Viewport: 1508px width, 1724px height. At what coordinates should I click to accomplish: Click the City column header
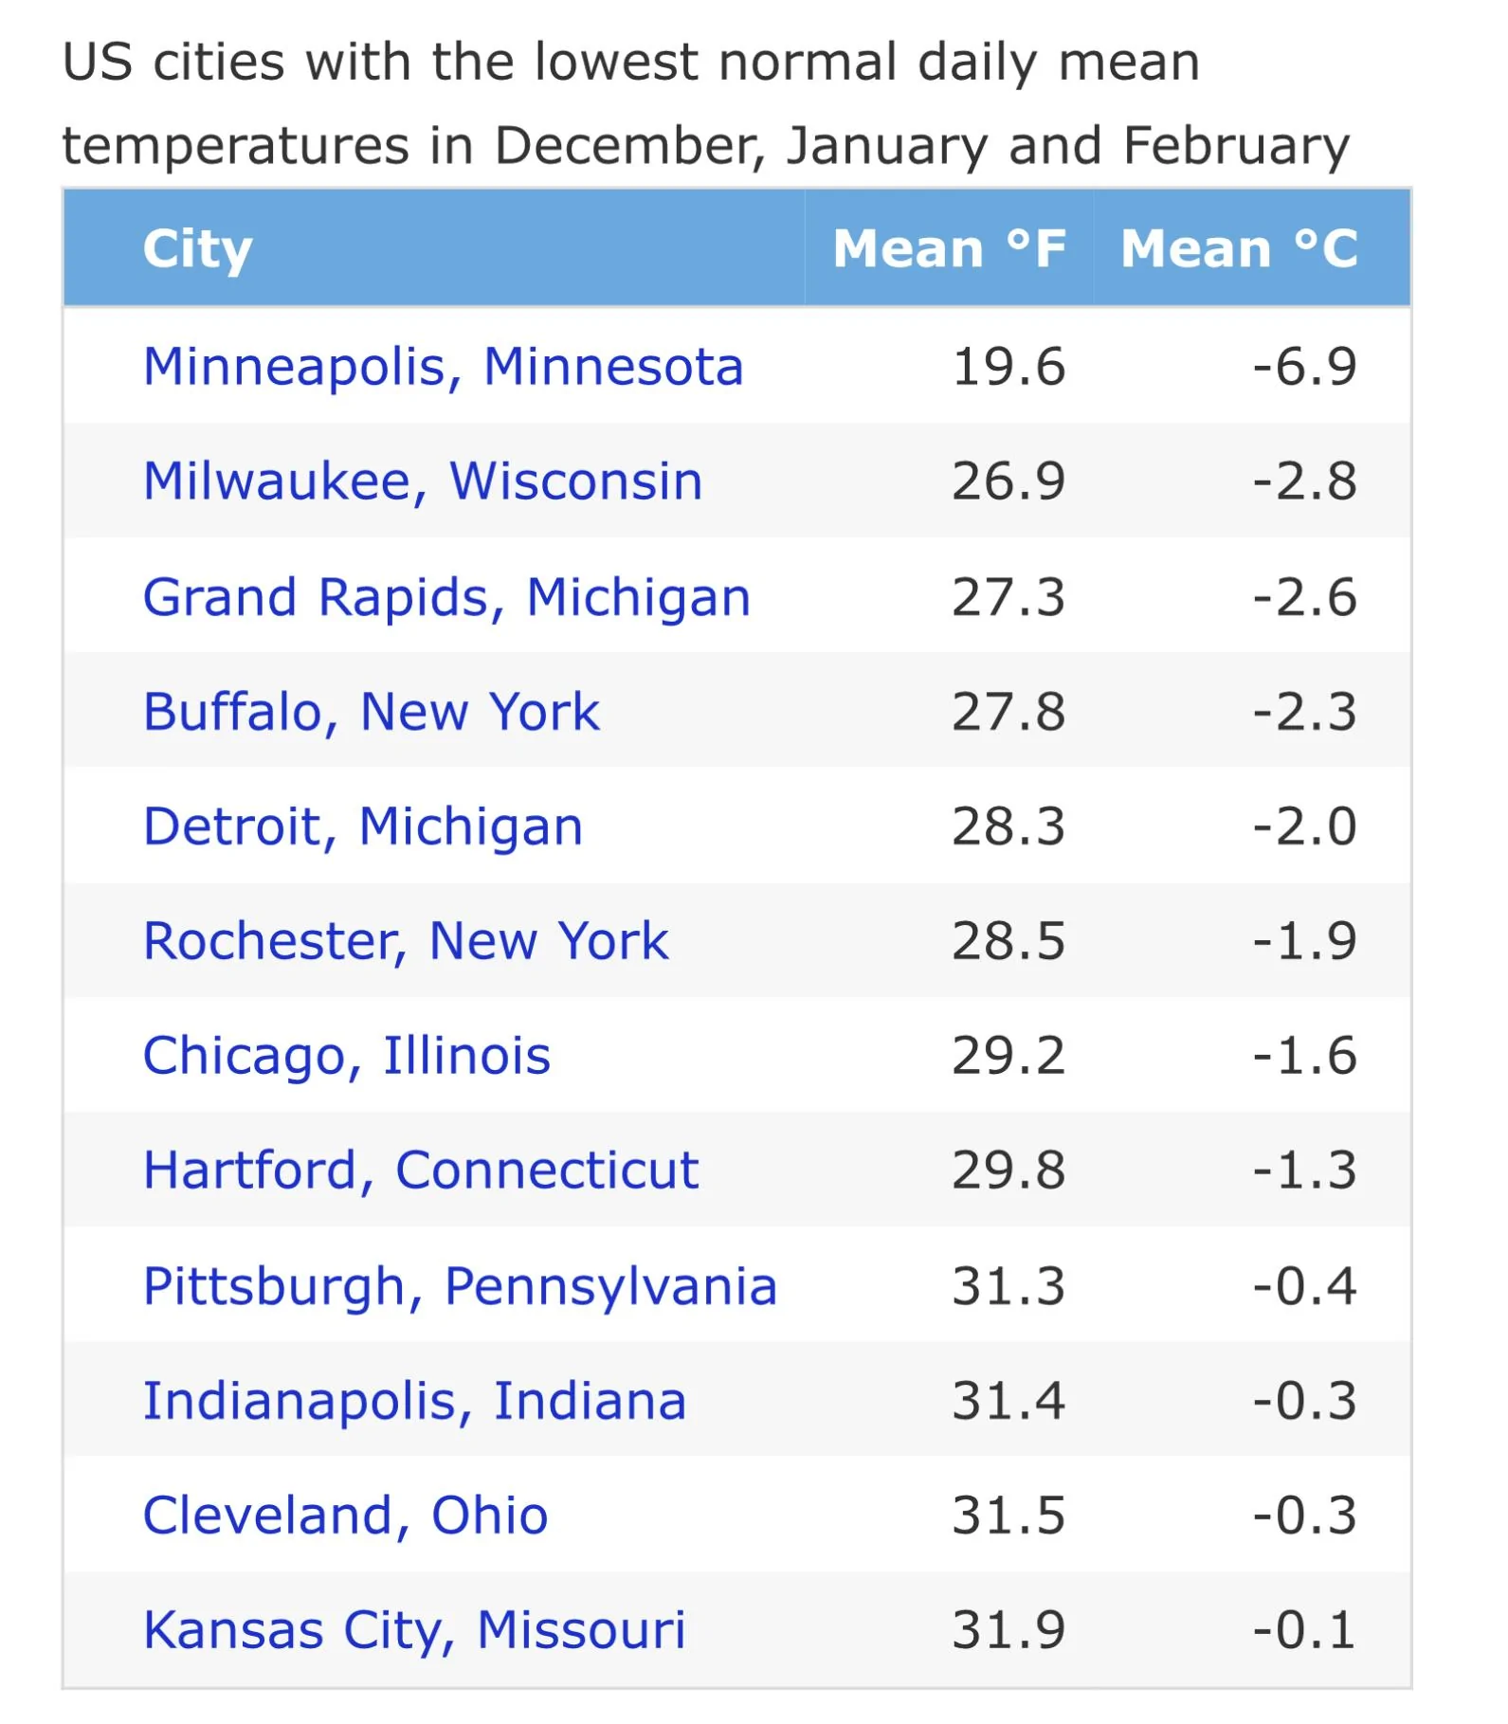click(x=197, y=250)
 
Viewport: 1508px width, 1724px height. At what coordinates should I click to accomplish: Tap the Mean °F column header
click(x=950, y=248)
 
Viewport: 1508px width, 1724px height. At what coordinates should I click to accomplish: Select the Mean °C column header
click(x=1240, y=248)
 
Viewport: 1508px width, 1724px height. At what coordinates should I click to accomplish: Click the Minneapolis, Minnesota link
click(x=443, y=368)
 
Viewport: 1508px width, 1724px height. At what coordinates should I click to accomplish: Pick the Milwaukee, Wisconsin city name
click(x=423, y=481)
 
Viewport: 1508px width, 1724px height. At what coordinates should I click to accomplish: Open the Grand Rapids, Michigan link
click(x=446, y=598)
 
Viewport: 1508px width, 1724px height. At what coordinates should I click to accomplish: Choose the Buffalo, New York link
click(x=372, y=712)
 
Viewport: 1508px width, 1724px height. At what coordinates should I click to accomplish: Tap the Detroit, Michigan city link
click(x=363, y=827)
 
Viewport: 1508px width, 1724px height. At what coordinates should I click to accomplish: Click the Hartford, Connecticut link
click(x=421, y=1171)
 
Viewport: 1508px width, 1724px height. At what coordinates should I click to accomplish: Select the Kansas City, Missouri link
click(x=414, y=1630)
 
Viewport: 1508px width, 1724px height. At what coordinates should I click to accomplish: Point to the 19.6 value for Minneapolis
click(x=1008, y=367)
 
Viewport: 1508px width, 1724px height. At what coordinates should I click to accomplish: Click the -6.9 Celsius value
click(x=1304, y=367)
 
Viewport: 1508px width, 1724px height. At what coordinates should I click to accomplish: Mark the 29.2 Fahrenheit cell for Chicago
click(x=1008, y=1056)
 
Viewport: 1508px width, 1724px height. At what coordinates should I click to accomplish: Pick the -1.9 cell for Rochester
click(x=1304, y=941)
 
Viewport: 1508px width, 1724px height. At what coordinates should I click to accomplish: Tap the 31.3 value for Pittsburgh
click(x=1008, y=1286)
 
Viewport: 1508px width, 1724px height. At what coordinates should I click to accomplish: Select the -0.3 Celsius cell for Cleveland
click(x=1304, y=1515)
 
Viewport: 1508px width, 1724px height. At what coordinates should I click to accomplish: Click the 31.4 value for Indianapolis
click(x=1008, y=1401)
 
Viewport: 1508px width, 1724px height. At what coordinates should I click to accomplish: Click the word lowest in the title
click(x=617, y=63)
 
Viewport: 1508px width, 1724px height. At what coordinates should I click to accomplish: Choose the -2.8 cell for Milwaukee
click(x=1304, y=481)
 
